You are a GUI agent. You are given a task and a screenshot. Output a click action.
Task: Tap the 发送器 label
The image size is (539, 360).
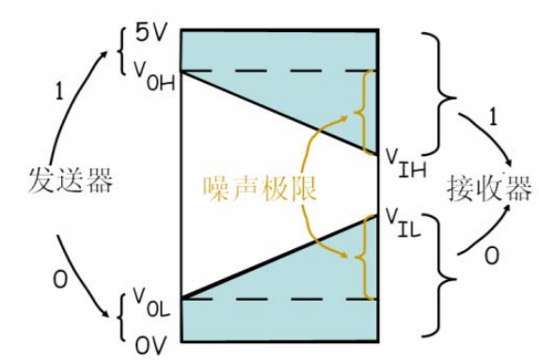(x=71, y=180)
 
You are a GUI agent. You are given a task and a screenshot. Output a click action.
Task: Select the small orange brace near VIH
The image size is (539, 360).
(x=361, y=111)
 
